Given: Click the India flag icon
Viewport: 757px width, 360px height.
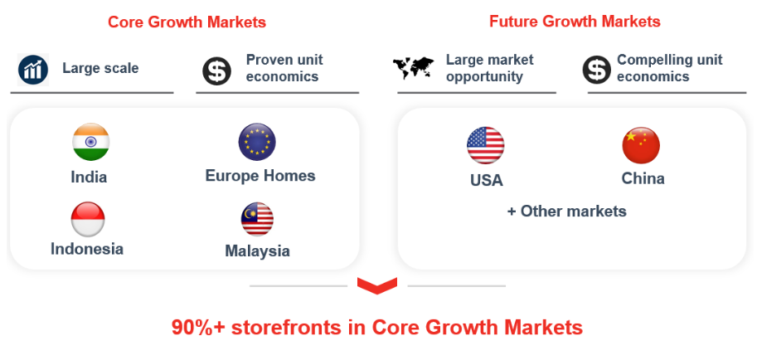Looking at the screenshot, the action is tap(90, 142).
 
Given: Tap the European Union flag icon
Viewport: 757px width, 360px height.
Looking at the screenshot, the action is tap(257, 142).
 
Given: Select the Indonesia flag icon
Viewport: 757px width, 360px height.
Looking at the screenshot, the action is tap(88, 219).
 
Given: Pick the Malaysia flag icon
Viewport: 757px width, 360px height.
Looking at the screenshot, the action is tap(257, 219).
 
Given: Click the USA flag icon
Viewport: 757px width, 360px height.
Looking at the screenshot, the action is tap(486, 145).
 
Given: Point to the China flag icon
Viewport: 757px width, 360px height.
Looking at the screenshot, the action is tap(641, 145).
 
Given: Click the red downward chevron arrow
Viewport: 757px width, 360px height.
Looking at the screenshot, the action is tap(377, 285).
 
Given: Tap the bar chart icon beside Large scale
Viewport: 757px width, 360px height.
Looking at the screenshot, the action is tap(33, 70).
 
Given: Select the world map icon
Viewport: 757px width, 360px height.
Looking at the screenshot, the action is tap(414, 68).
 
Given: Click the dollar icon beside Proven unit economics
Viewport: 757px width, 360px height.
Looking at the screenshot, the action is tap(216, 71).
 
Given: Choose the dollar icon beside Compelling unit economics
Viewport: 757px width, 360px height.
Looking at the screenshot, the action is tap(597, 70).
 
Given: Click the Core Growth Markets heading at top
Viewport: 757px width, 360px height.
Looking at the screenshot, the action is tap(187, 22).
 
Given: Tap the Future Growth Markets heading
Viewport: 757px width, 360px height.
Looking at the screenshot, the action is tap(575, 22).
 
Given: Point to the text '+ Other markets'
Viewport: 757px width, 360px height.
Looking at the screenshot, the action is tap(567, 212).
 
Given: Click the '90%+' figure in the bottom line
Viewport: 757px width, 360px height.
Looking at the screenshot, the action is tap(198, 328).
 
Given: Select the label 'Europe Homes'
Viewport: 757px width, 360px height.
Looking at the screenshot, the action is tap(260, 175).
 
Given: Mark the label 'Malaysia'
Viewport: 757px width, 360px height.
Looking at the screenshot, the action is tap(257, 251).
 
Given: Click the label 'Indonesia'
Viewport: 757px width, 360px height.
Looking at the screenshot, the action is tap(87, 249).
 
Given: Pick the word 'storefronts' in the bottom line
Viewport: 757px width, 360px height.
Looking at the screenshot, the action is tap(287, 328).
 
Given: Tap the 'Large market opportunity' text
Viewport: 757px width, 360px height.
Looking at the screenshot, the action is tap(489, 68).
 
